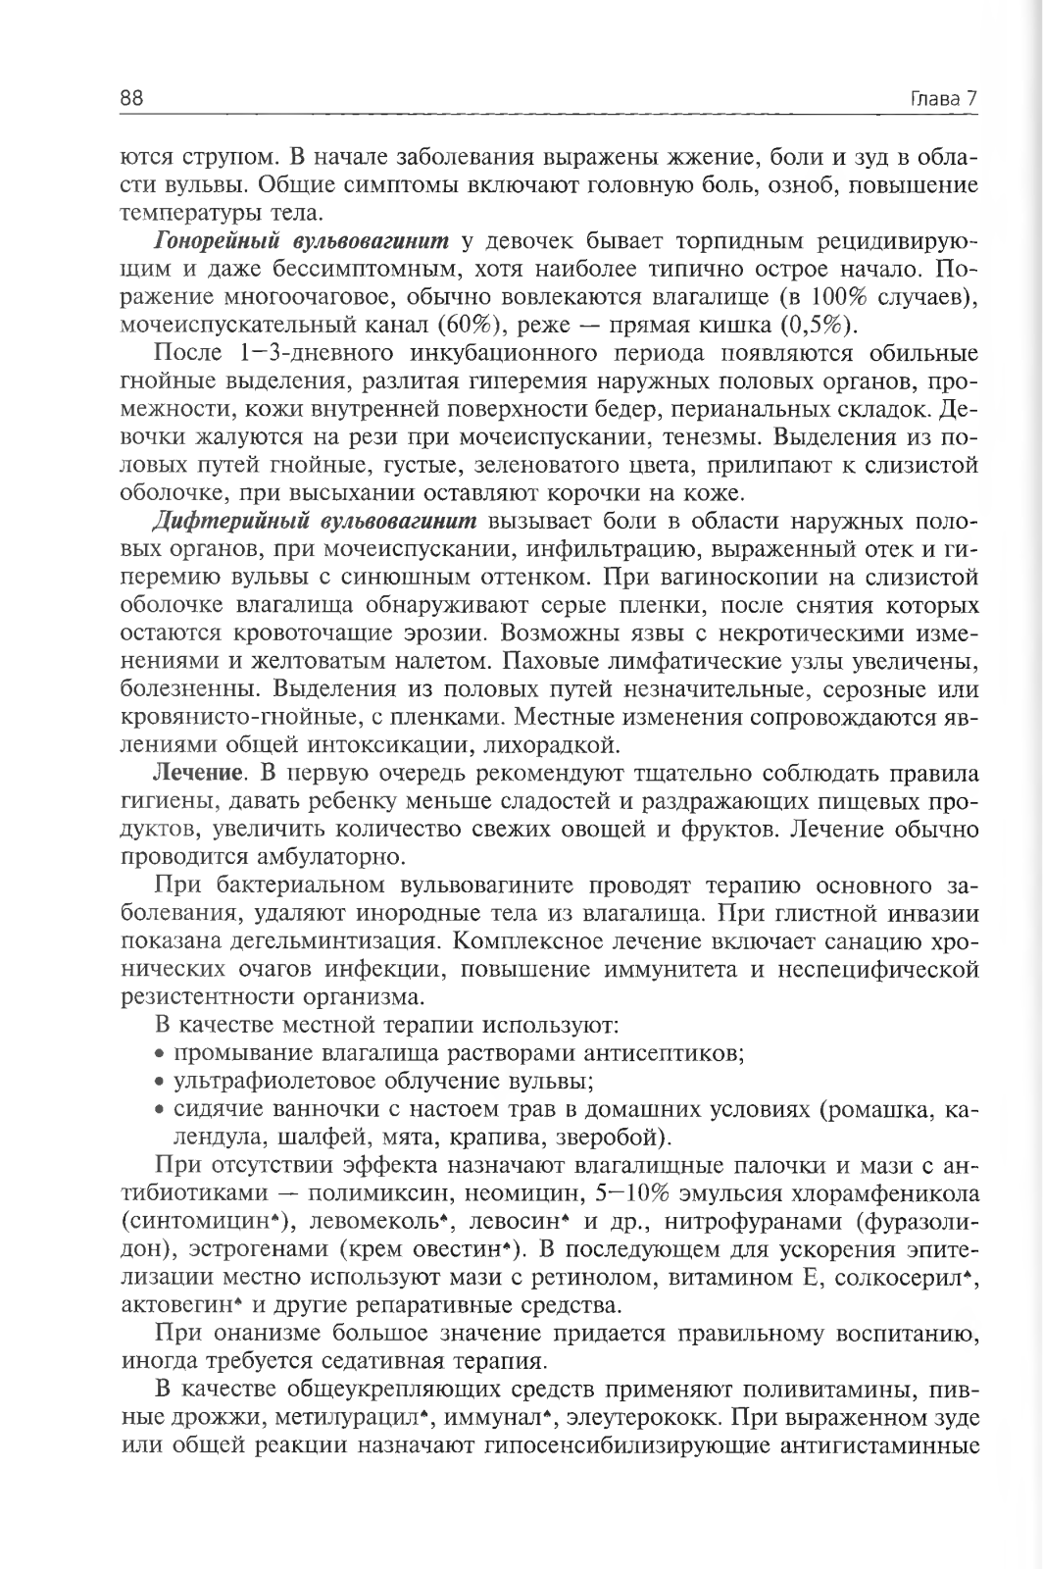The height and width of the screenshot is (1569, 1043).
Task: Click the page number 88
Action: [x=132, y=98]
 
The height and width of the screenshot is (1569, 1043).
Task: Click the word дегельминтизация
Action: [x=346, y=941]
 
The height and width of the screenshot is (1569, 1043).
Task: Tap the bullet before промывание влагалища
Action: [x=161, y=1055]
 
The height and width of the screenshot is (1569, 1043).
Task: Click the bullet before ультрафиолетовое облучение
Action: [x=161, y=1083]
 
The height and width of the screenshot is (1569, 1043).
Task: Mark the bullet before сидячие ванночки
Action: [x=161, y=1110]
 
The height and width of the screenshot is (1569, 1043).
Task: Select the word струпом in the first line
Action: [x=215, y=157]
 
